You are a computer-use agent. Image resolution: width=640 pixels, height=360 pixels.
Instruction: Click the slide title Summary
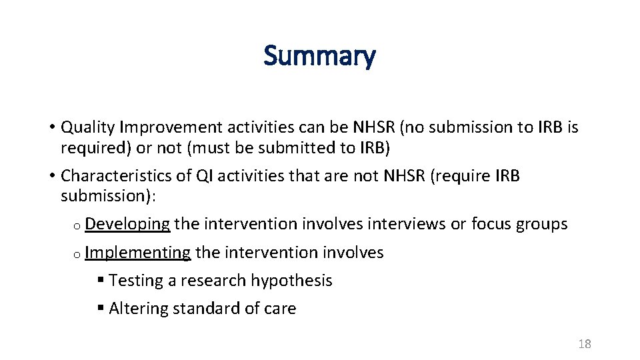319,56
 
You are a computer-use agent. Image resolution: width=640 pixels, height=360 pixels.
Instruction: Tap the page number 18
585,344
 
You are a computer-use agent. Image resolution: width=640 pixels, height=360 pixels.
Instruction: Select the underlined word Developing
127,224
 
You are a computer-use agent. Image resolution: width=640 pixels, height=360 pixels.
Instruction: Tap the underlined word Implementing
138,253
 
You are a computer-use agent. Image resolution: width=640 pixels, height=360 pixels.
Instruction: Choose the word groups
541,224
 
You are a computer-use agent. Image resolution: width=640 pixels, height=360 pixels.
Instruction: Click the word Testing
135,281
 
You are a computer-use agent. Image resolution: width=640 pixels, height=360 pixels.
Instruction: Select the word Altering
137,309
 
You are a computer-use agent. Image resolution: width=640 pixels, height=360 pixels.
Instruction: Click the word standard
200,309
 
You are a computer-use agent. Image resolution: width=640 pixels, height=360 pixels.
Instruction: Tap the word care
280,309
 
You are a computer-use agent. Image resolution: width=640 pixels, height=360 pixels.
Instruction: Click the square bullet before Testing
100,281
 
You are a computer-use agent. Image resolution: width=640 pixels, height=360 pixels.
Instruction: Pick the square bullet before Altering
100,309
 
